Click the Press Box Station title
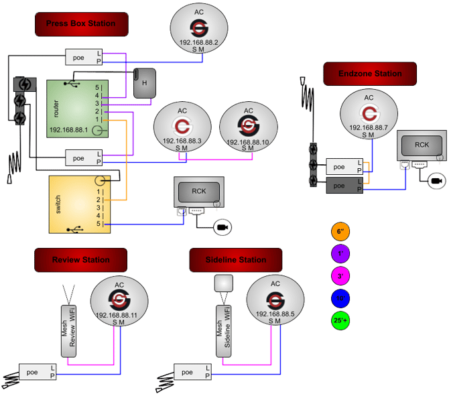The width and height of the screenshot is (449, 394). [80, 23]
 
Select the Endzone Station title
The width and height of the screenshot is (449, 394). [370, 74]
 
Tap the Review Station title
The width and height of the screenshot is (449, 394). [80, 260]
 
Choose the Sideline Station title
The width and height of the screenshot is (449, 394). [237, 260]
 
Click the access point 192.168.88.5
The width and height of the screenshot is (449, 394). [275, 302]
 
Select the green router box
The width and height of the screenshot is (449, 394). [77, 109]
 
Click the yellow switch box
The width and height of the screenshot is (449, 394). [78, 204]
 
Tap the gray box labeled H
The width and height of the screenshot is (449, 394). [145, 82]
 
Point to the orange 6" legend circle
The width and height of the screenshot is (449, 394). [340, 231]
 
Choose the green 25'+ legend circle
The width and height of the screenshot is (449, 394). [340, 321]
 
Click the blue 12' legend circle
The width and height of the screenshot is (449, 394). [340, 298]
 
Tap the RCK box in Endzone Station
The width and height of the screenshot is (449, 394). [422, 145]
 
